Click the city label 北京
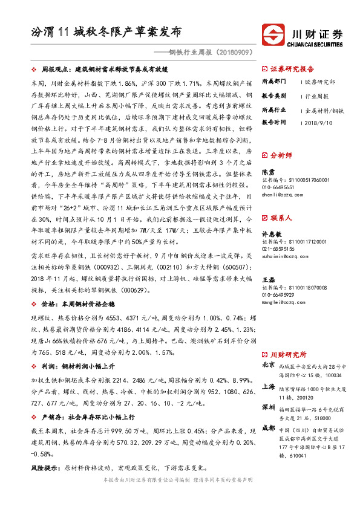click(x=268, y=365)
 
